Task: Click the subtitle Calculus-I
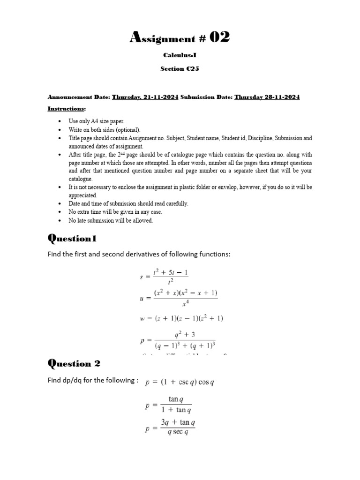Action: (x=180, y=55)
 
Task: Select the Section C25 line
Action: (x=180, y=68)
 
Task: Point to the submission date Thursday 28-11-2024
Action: (x=267, y=97)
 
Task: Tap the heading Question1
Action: (x=72, y=239)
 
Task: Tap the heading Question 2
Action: (x=74, y=363)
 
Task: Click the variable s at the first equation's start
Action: (x=142, y=277)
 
